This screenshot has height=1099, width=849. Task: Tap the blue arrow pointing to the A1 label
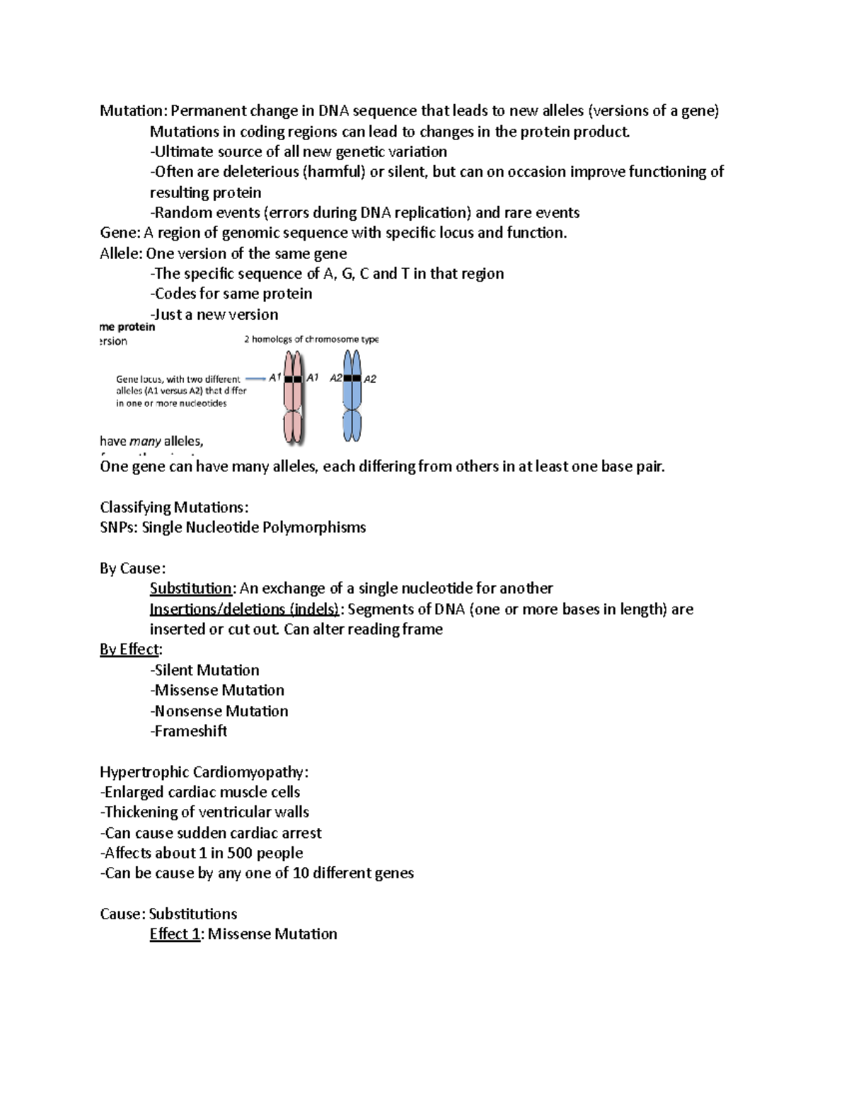(x=254, y=379)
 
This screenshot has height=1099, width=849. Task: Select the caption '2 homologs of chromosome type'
(x=311, y=340)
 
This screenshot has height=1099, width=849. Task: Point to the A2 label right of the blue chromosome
(x=370, y=379)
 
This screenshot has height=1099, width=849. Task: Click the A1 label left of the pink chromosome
(x=275, y=378)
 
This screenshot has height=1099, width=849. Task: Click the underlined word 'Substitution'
(x=190, y=589)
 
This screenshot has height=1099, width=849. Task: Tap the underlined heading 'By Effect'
(x=130, y=650)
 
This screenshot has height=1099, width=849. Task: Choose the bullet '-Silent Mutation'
(x=204, y=670)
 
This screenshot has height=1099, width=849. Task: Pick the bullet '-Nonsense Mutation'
(x=219, y=711)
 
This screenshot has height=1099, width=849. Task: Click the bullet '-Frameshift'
(x=188, y=731)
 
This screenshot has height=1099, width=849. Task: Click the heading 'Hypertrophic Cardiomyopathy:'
(x=204, y=772)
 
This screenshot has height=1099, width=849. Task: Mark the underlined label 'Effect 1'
(x=174, y=934)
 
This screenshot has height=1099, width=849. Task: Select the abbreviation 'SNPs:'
(x=119, y=528)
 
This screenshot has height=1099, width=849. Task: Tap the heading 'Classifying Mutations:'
(x=174, y=507)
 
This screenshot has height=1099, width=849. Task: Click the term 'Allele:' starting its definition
(x=121, y=254)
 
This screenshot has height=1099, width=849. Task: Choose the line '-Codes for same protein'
(x=231, y=294)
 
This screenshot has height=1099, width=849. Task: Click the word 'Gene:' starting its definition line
(x=120, y=234)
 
